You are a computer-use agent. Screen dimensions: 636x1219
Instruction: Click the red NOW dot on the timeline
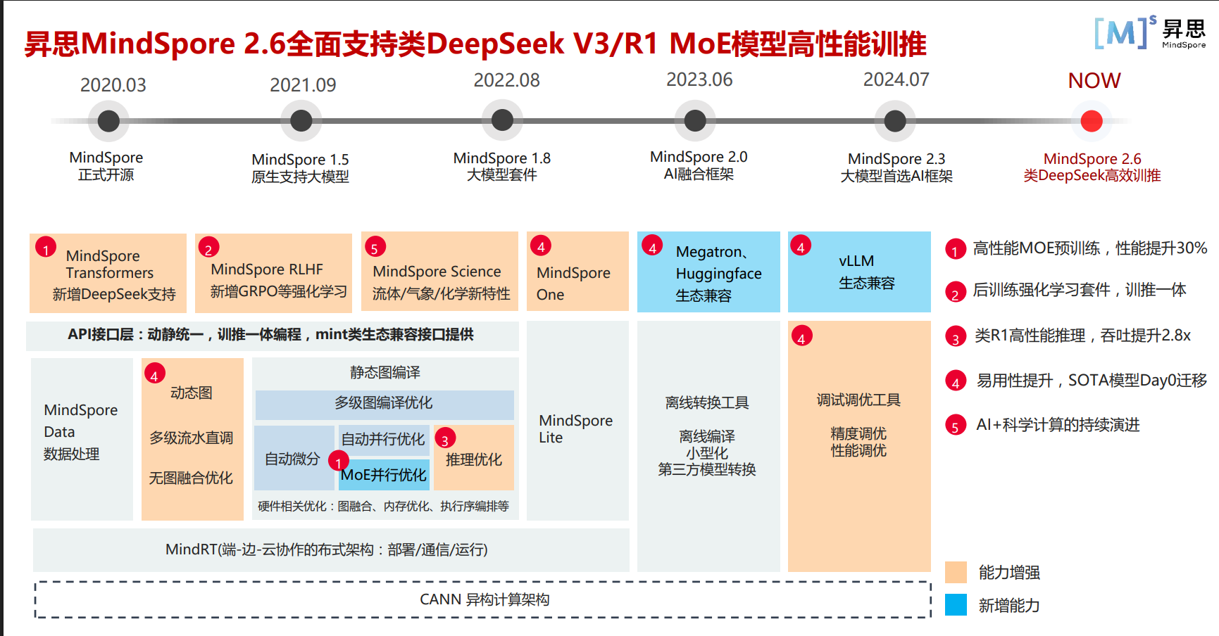(x=1092, y=121)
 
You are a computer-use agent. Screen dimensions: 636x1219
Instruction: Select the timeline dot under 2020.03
(x=108, y=121)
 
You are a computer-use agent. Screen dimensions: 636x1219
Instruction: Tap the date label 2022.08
(x=506, y=81)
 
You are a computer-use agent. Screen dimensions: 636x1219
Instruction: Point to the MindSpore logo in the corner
(x=1149, y=32)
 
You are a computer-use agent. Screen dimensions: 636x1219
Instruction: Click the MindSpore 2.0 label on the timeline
(x=699, y=165)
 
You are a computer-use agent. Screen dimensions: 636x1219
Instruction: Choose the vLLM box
(x=859, y=272)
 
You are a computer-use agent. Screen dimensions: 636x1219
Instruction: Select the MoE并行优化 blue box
(x=384, y=476)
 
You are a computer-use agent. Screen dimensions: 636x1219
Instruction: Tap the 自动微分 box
(x=293, y=459)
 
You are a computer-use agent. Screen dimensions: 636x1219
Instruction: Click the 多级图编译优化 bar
(x=384, y=404)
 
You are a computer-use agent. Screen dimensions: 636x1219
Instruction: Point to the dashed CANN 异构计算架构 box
(x=483, y=599)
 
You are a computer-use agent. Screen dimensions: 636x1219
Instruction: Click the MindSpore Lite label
(x=575, y=428)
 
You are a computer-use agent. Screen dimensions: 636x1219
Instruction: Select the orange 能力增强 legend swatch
(x=956, y=572)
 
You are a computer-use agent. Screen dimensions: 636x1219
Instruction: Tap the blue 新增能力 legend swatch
(x=956, y=604)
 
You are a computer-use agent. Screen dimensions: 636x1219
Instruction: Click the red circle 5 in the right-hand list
(x=955, y=426)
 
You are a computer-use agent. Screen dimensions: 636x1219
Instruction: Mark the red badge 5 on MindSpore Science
(x=375, y=248)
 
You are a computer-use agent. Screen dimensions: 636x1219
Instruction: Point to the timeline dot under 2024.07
(x=895, y=121)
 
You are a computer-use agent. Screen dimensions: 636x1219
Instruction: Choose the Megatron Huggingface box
(x=708, y=272)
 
